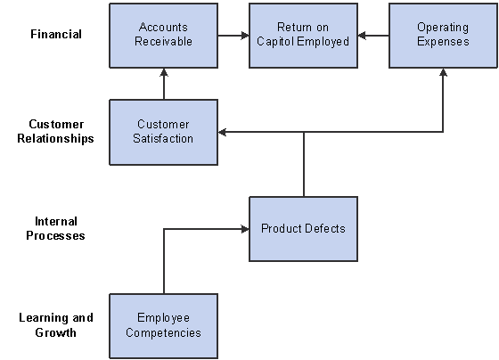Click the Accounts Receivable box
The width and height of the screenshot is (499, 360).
[x=164, y=36]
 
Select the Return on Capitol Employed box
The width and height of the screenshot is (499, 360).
[x=303, y=36]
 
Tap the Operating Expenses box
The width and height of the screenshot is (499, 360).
[x=443, y=36]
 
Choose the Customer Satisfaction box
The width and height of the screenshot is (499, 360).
[x=164, y=132]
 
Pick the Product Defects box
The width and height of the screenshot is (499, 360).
[x=303, y=229]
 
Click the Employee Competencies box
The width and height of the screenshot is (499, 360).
[x=164, y=326]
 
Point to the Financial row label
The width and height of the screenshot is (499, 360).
[x=56, y=34]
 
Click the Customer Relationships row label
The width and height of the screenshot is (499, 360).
[x=55, y=131]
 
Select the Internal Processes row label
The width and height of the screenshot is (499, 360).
[x=55, y=228]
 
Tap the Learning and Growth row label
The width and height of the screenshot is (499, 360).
[x=55, y=325]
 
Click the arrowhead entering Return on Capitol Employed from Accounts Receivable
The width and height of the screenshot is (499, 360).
[x=245, y=36]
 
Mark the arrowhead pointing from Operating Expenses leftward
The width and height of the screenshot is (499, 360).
[x=362, y=36]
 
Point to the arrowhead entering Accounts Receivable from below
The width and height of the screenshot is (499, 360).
[x=164, y=72]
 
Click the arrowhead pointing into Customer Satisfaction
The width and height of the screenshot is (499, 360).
[x=222, y=132]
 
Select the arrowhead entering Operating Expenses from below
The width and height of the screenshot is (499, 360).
[x=443, y=72]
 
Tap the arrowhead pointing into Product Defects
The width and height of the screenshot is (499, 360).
[x=245, y=229]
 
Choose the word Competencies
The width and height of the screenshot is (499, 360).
[x=164, y=332]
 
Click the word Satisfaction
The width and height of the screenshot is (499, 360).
[x=163, y=138]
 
